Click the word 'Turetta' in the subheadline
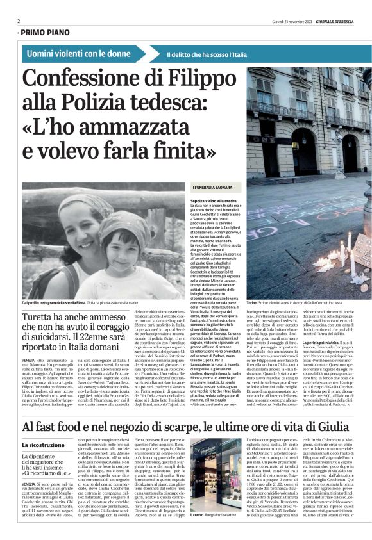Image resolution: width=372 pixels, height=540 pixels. pyautogui.click(x=41, y=318)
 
